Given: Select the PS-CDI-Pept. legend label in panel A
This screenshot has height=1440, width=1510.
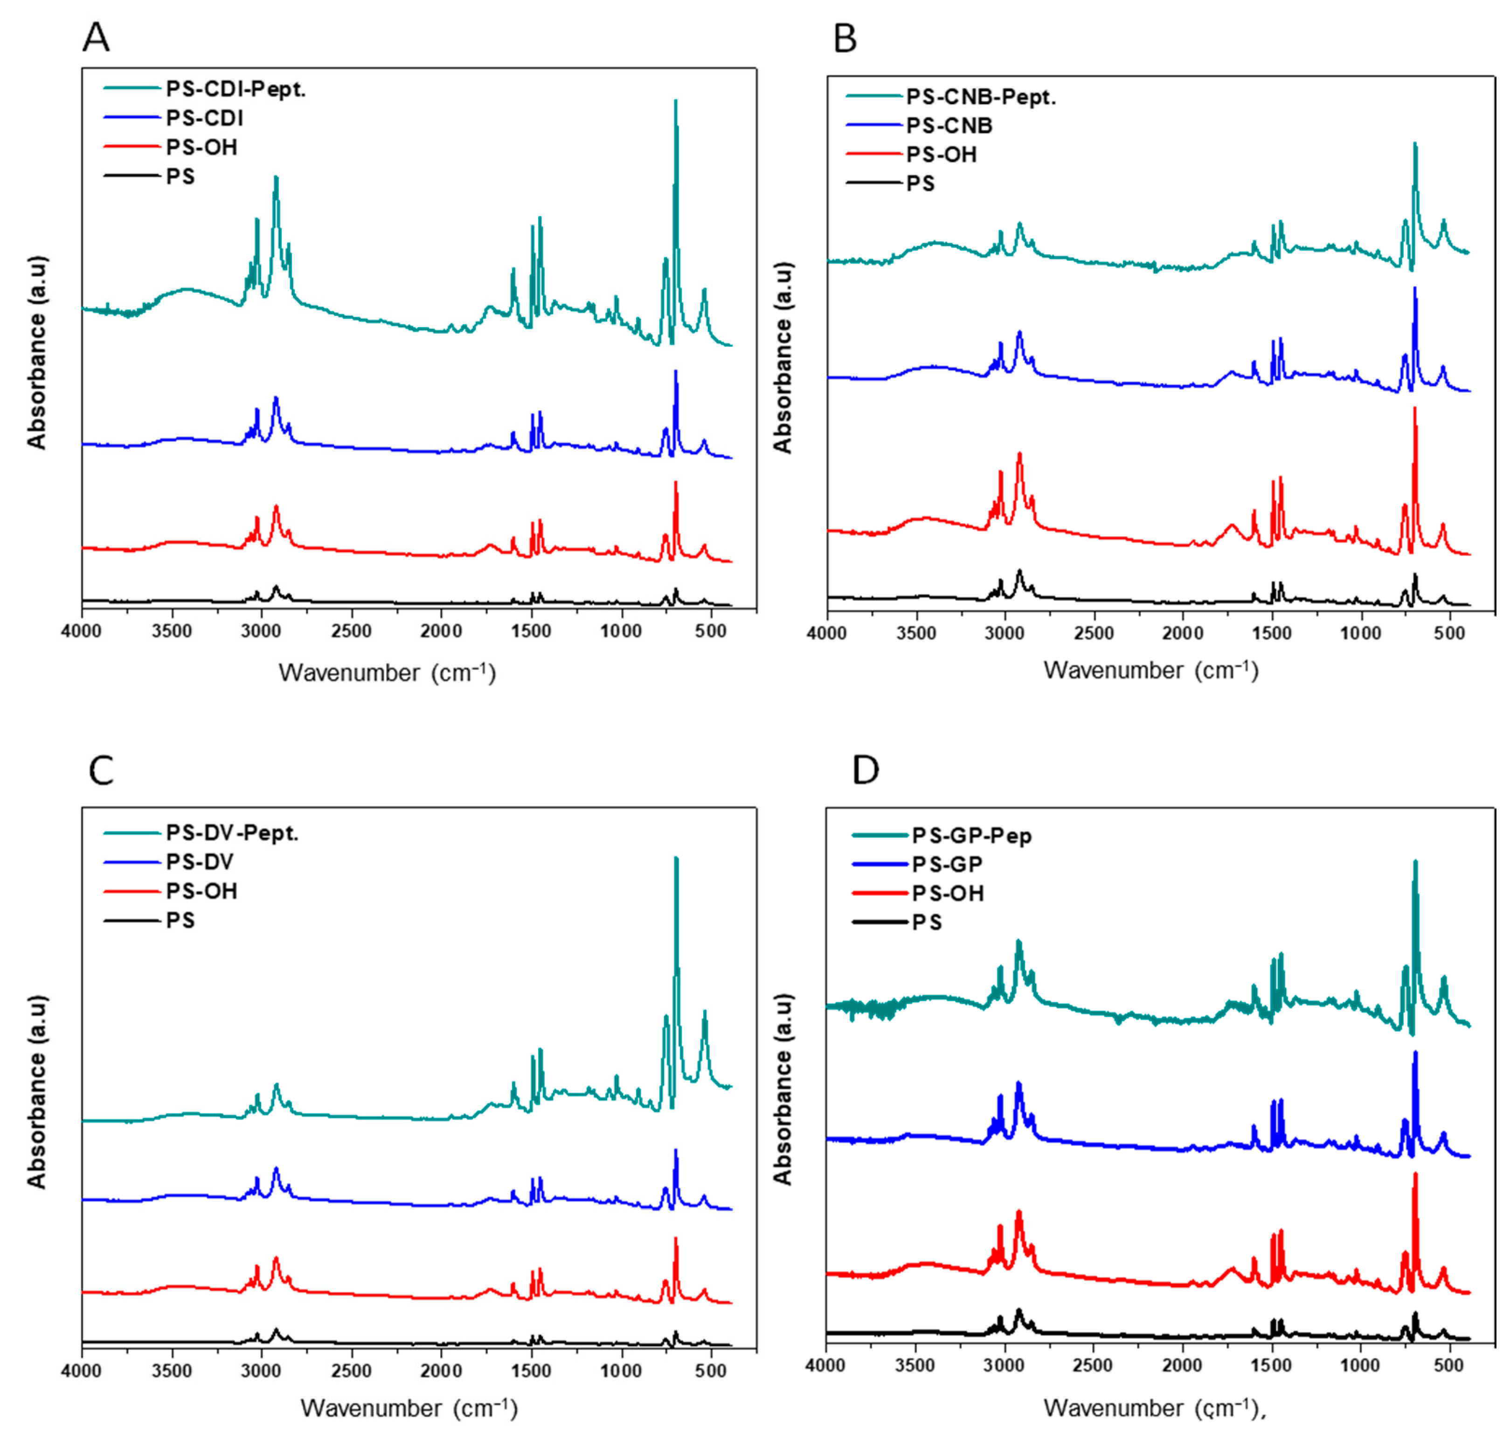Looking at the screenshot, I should point(236,90).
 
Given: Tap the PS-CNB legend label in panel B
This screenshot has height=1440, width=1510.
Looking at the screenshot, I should point(949,126).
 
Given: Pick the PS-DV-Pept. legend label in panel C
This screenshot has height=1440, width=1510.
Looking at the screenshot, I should point(232,833).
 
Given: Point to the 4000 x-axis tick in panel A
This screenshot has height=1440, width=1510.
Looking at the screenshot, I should point(82,631).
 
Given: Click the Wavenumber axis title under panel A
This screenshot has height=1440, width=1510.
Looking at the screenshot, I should point(387,673).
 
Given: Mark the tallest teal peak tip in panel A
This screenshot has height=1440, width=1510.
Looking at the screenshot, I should point(675,100).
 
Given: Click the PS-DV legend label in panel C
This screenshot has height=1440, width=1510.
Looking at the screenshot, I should point(200,862).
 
